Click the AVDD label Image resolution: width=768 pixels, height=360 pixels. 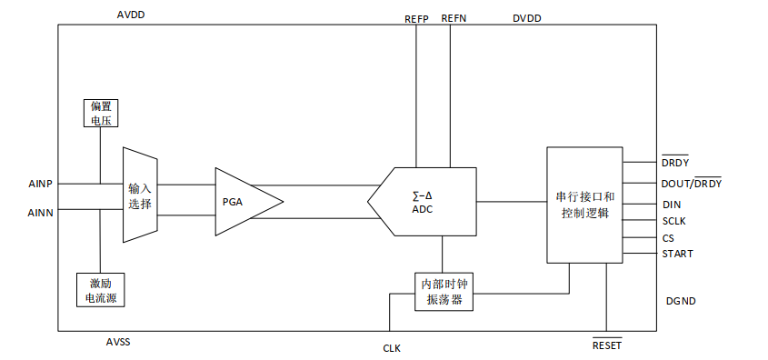point(131,15)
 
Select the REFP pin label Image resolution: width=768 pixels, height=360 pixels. point(416,19)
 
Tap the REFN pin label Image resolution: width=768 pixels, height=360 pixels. point(454,18)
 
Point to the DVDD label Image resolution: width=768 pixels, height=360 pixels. point(527,18)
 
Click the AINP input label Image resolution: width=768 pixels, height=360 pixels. point(41,185)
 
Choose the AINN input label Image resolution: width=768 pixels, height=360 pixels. point(41,213)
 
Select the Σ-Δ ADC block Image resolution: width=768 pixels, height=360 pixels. point(422,202)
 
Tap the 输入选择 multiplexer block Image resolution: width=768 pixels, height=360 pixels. point(140,195)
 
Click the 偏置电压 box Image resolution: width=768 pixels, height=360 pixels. point(100,113)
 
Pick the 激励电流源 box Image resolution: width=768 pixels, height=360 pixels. point(101,290)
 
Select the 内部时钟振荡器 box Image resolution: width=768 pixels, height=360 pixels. point(444,292)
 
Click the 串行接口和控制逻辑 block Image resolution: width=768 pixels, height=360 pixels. point(584,205)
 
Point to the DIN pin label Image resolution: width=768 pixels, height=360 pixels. point(671,205)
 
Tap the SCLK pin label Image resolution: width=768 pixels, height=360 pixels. point(674,222)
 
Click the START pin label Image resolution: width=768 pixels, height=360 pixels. point(677,254)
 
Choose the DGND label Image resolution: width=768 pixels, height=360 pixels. point(681,301)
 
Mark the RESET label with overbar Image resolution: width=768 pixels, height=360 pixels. point(607,345)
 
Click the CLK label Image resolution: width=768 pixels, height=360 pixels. point(392,349)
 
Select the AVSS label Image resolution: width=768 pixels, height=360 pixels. point(118,342)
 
